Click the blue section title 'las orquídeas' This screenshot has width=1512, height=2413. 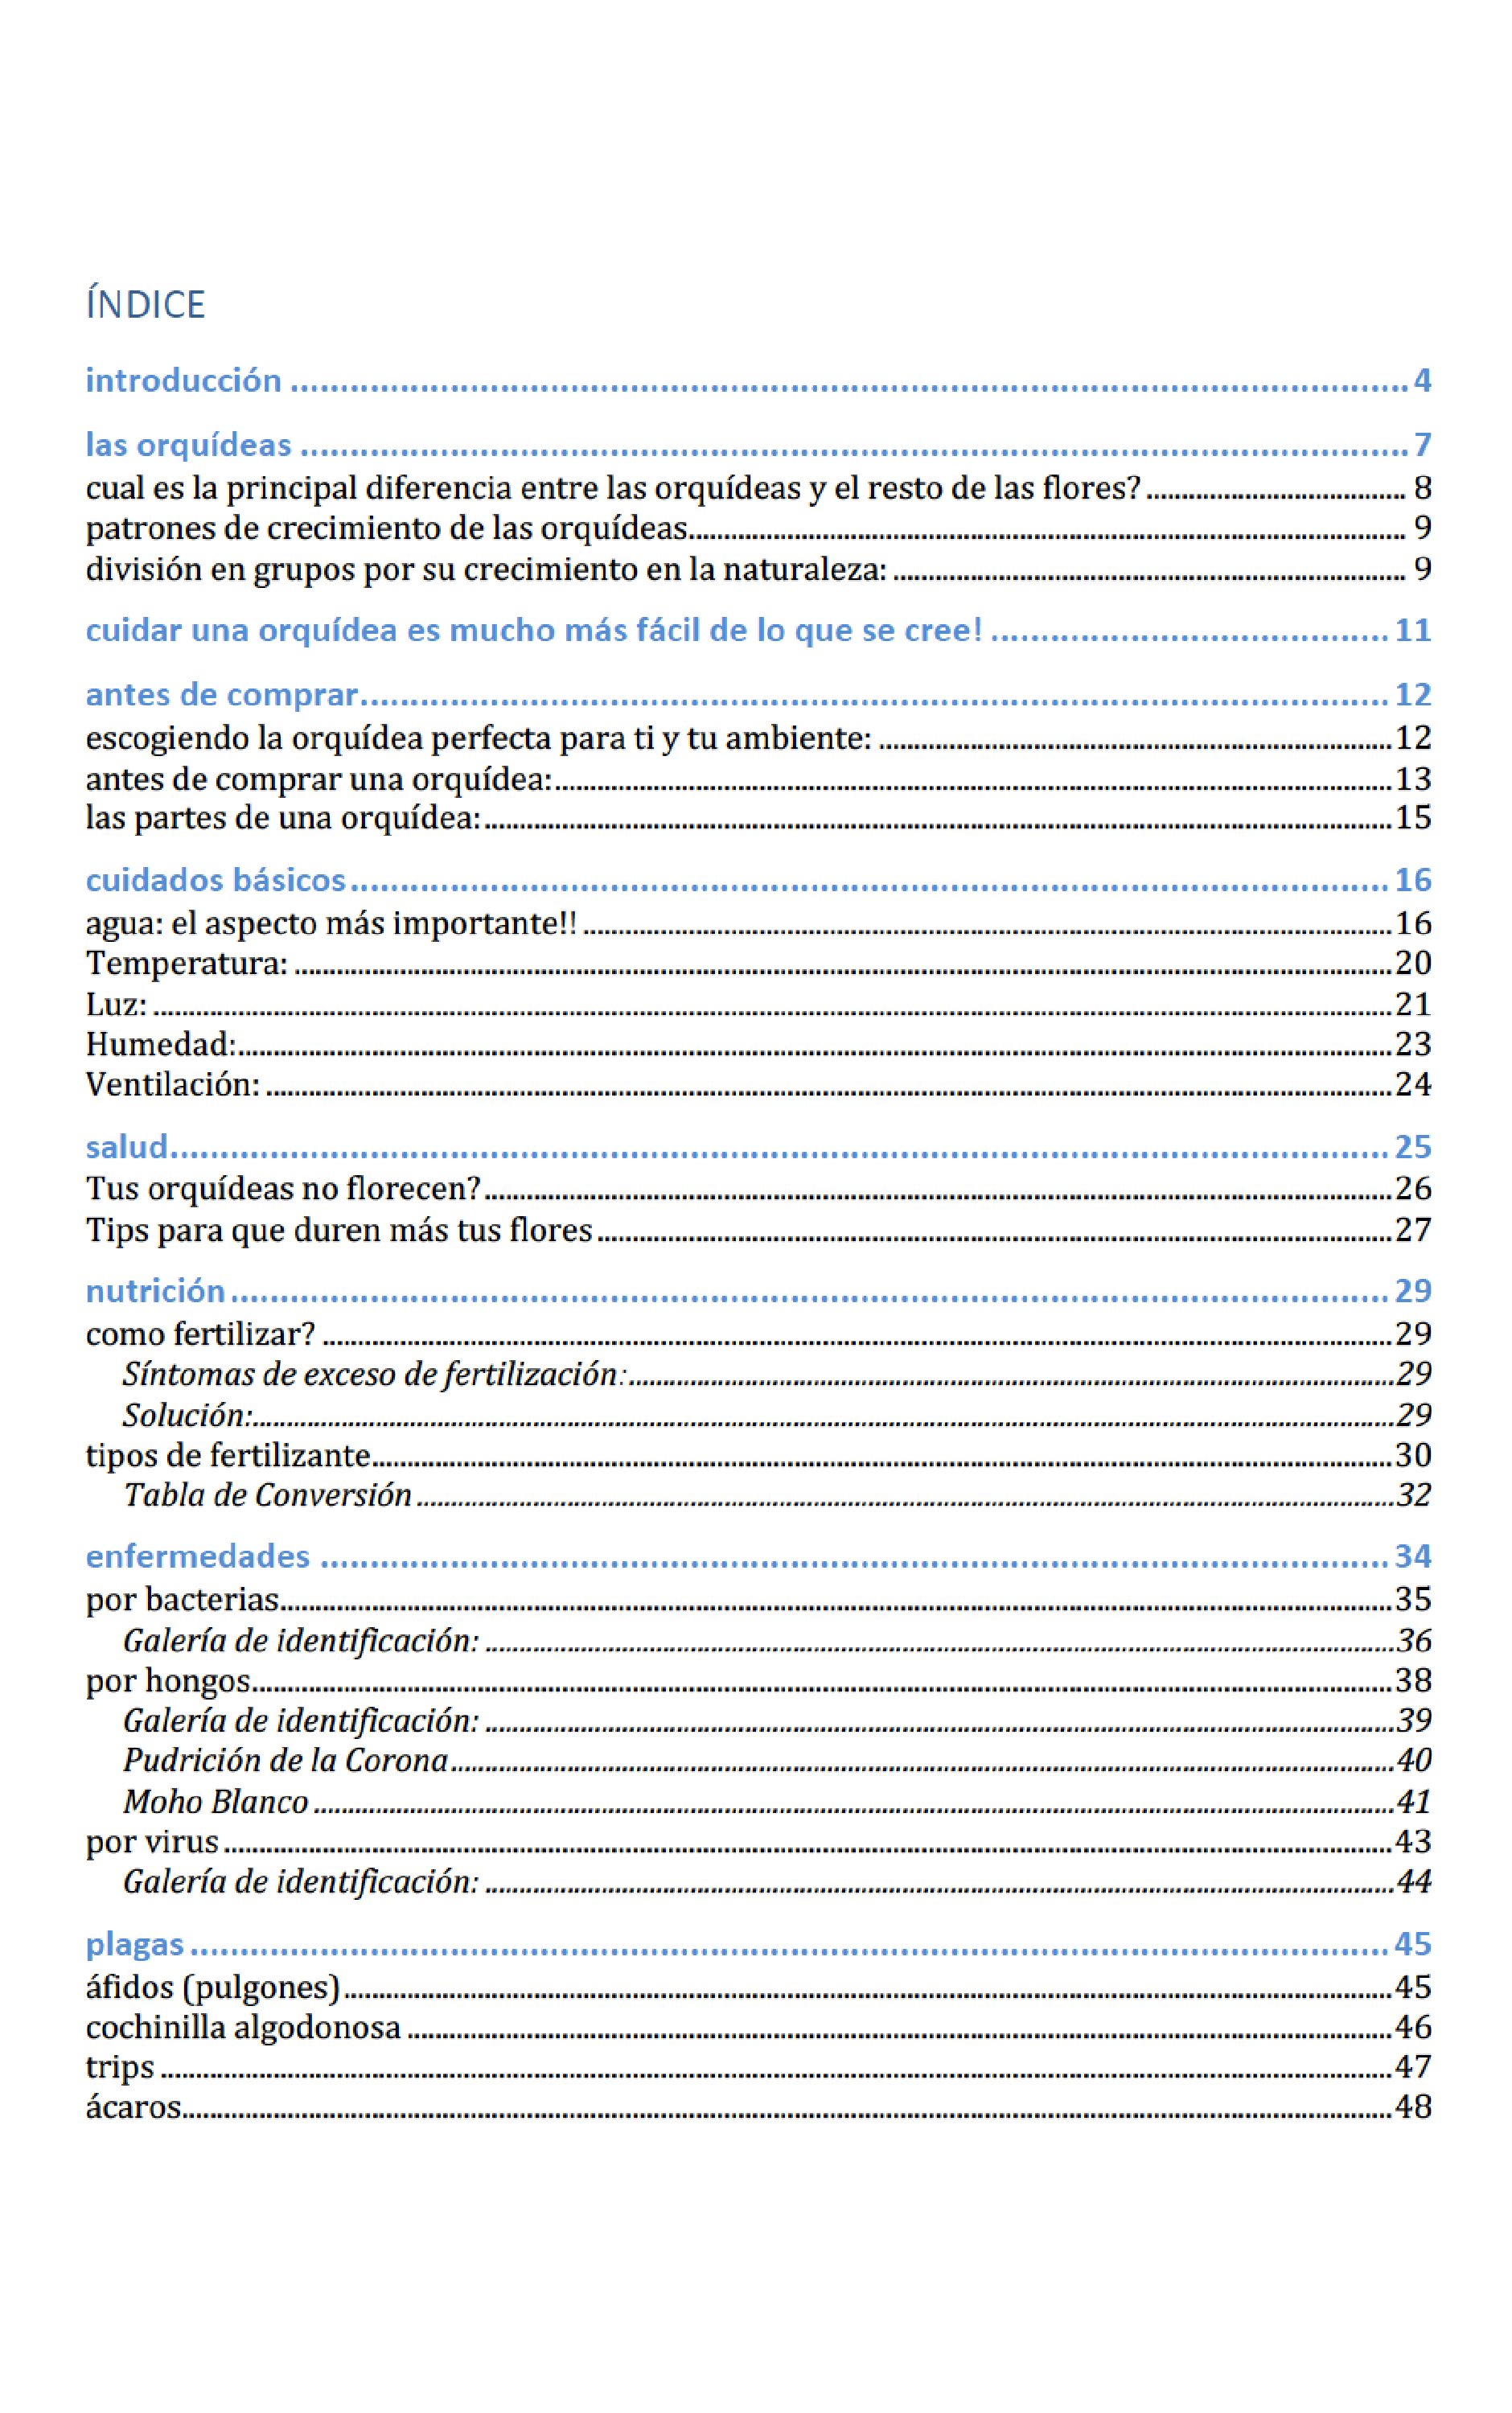tap(188, 445)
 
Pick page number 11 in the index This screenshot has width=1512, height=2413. tap(1412, 631)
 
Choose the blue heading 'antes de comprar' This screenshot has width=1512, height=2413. tap(221, 695)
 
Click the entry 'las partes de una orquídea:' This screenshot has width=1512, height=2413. tap(282, 818)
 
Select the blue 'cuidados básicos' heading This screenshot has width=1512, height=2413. tap(215, 880)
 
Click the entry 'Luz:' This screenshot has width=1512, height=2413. tap(116, 1004)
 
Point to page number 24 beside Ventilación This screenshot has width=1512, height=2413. tap(1412, 1084)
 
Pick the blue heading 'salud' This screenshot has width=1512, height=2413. tap(126, 1147)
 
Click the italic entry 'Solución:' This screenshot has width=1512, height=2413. tap(187, 1415)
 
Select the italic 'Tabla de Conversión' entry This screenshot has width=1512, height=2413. tap(267, 1495)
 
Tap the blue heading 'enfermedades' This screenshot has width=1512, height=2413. tap(197, 1557)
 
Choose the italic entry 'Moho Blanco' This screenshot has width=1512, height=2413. tap(215, 1802)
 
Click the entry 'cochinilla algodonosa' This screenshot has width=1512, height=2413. tap(243, 2027)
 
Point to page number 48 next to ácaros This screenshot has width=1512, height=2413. tap(1412, 2107)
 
